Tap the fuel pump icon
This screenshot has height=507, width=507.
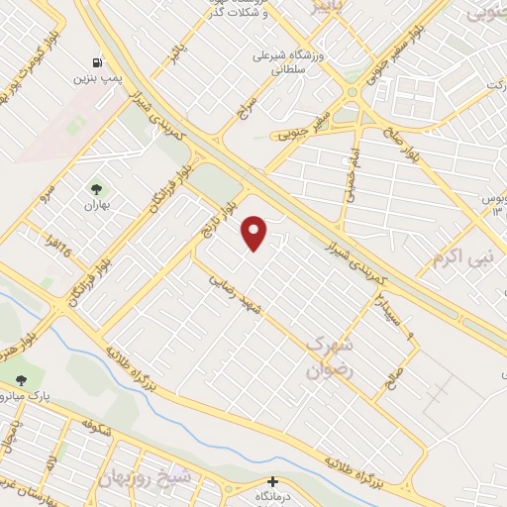[96, 61]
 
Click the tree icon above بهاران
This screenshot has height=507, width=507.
[96, 187]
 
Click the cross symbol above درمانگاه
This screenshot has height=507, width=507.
[274, 482]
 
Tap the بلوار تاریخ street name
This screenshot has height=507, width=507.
[223, 219]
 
